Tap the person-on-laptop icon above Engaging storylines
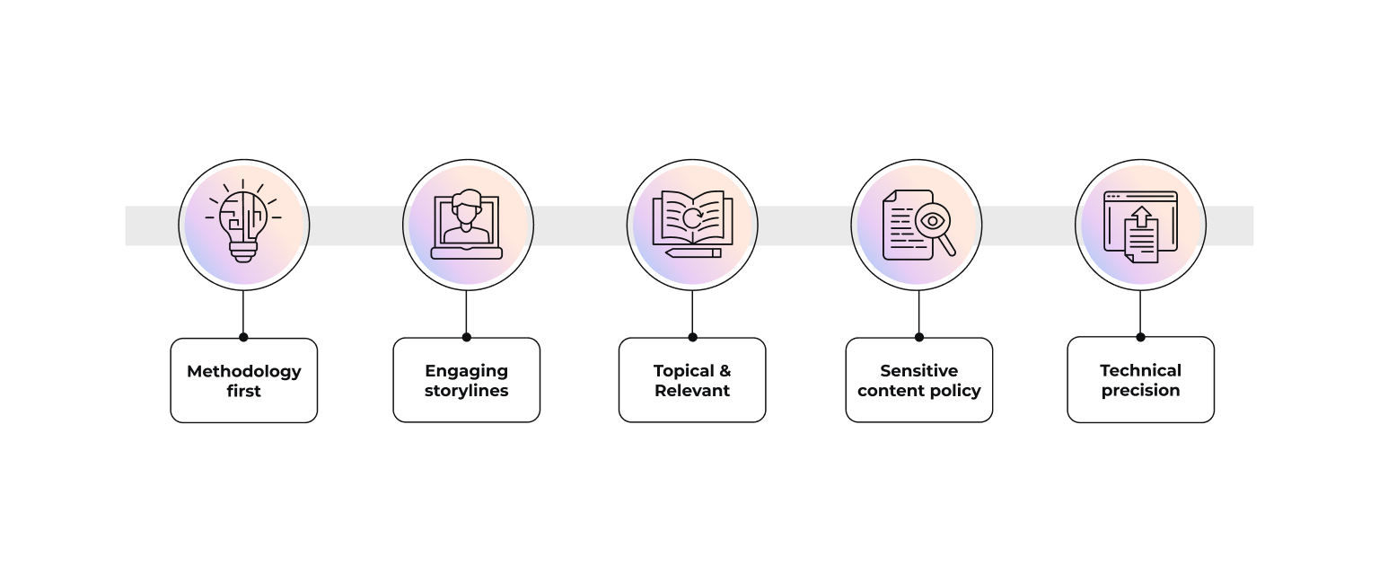tap(466, 225)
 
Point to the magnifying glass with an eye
tap(934, 221)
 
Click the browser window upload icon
tap(1140, 226)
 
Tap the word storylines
tap(467, 391)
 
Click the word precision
tap(1140, 391)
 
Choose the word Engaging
tap(467, 371)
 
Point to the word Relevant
tap(692, 391)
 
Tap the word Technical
tap(1140, 371)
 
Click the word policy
tap(958, 391)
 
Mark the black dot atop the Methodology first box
tap(243, 338)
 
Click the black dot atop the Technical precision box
tap(1140, 337)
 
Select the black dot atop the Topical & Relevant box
tap(692, 338)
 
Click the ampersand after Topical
tap(725, 371)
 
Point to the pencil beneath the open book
tap(693, 253)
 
